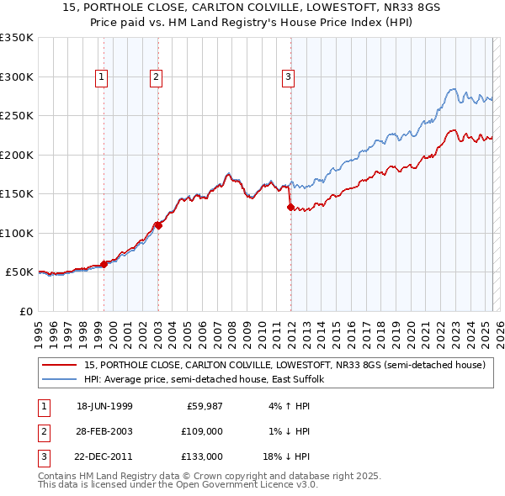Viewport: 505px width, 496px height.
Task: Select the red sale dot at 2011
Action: coord(290,207)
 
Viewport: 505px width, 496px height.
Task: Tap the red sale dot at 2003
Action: coord(158,225)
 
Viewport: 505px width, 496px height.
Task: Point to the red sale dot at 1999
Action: coord(104,264)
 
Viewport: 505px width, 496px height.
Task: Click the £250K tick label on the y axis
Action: coord(17,116)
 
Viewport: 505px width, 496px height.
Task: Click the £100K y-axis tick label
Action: coord(17,233)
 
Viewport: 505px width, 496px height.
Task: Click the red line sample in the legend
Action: coord(60,366)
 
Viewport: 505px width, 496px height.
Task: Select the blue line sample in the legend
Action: coord(60,380)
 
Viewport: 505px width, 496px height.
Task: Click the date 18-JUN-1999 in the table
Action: coord(104,407)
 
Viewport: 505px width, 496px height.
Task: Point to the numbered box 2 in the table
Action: coord(42,431)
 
